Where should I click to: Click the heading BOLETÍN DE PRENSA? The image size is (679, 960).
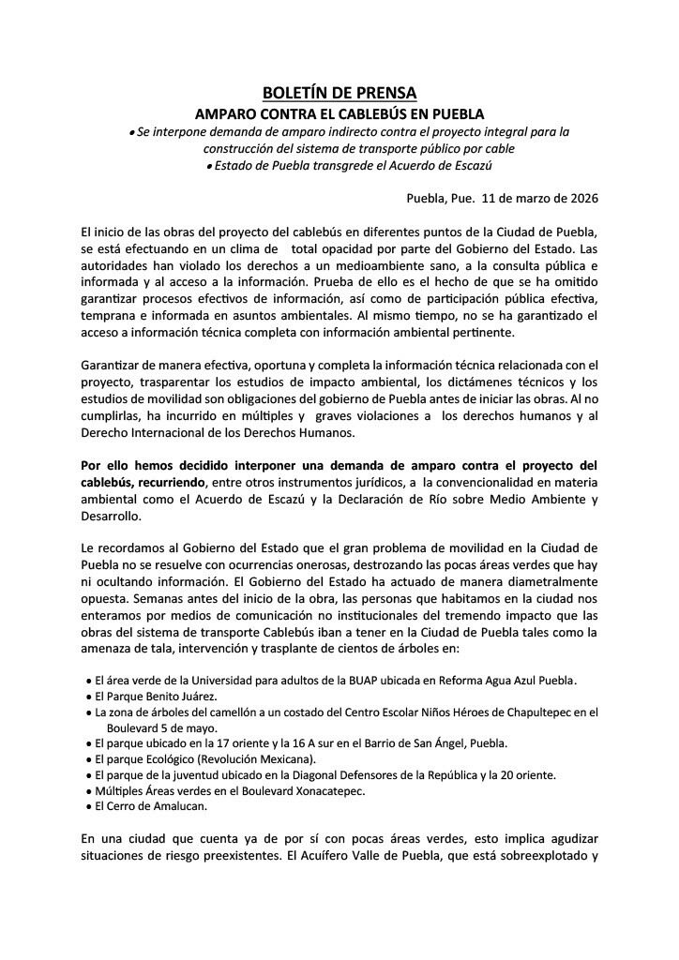point(339,93)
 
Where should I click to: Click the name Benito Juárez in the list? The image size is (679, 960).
point(176,696)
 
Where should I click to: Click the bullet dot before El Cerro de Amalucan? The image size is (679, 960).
point(85,806)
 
